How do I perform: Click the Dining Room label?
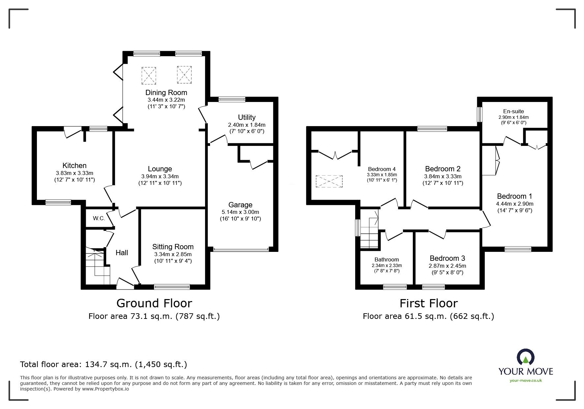(166, 92)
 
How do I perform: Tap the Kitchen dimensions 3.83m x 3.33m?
(75, 173)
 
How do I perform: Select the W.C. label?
(99, 218)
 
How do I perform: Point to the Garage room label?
(240, 205)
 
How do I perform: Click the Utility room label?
(247, 117)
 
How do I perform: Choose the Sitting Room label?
(173, 247)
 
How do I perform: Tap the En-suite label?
(513, 111)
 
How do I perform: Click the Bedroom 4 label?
(382, 169)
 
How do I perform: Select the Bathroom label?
(386, 259)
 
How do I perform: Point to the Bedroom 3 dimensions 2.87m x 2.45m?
(447, 266)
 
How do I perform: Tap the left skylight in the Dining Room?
(149, 75)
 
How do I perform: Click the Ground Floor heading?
(154, 303)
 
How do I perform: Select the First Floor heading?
(428, 303)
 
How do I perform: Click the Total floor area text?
(104, 364)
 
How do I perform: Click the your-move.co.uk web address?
(526, 381)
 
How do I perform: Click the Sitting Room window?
(172, 287)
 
